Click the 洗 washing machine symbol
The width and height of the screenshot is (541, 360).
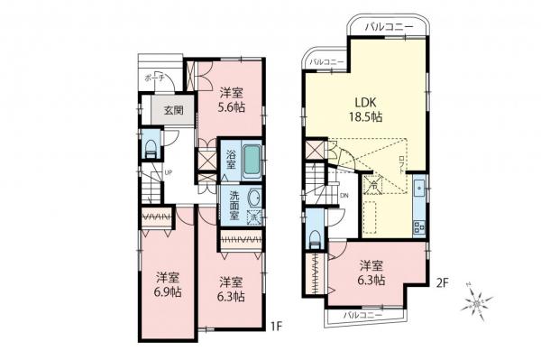coord(255,218)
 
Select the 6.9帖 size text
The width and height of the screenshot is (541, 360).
coord(167,294)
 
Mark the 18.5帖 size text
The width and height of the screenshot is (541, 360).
coord(365,118)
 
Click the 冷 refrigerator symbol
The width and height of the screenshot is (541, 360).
coord(373,186)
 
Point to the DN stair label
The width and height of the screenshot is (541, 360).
coord(344,194)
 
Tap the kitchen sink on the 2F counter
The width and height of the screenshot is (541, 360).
coord(420,189)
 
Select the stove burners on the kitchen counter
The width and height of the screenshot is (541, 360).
coord(419,224)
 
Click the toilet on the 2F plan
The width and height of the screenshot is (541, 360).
coord(313,235)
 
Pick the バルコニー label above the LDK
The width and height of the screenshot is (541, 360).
coord(390,29)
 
